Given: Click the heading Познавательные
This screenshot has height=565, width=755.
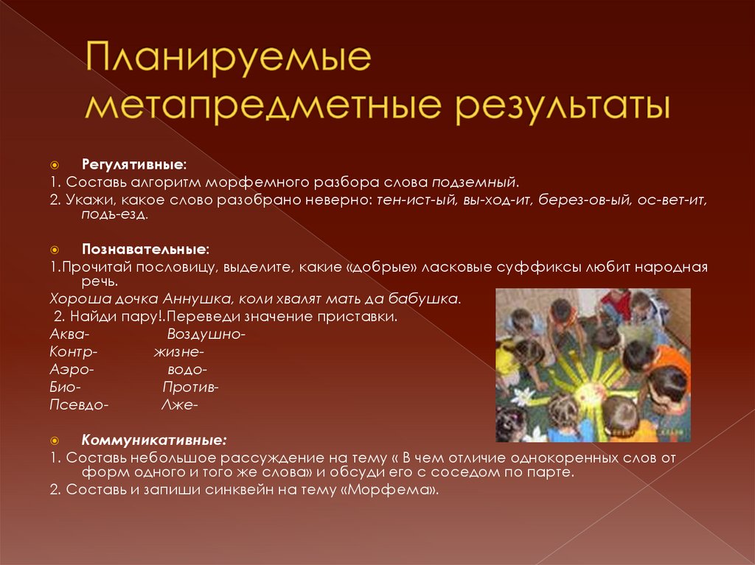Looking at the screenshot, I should (145, 249).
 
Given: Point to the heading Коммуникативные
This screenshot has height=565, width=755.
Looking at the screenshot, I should (153, 440).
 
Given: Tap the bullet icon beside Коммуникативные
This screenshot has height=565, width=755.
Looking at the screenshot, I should (55, 440).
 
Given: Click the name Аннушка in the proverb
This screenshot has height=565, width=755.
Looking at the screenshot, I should (194, 300).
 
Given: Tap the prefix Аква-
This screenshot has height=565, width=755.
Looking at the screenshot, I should (69, 334).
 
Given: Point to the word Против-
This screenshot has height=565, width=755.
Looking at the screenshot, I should (190, 387).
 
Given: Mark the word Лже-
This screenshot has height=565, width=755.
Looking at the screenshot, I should (179, 404).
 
